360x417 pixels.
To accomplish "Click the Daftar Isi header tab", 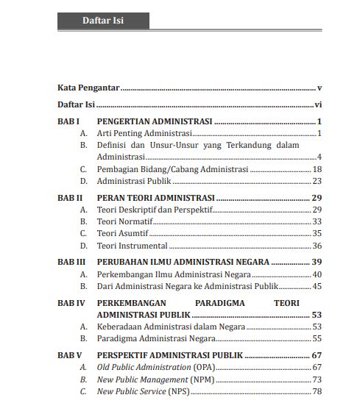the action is pyautogui.click(x=102, y=21).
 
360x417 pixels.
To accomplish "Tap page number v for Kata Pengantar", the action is pyautogui.click(x=320, y=87).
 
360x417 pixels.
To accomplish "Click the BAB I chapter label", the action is pyautogui.click(x=68, y=121).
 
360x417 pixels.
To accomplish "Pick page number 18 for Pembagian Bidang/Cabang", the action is pyautogui.click(x=317, y=169).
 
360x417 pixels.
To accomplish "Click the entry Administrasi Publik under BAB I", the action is pyautogui.click(x=133, y=181).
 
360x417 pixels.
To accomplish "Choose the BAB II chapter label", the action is pyautogui.click(x=69, y=198).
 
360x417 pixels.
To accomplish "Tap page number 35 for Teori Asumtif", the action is pyautogui.click(x=317, y=233).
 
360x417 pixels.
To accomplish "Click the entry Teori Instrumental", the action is pyautogui.click(x=133, y=246).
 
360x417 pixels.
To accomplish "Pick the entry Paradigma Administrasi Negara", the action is pyautogui.click(x=156, y=338).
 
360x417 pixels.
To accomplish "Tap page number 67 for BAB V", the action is pyautogui.click(x=317, y=355).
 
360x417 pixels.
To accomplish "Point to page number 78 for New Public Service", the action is pyautogui.click(x=317, y=391).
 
